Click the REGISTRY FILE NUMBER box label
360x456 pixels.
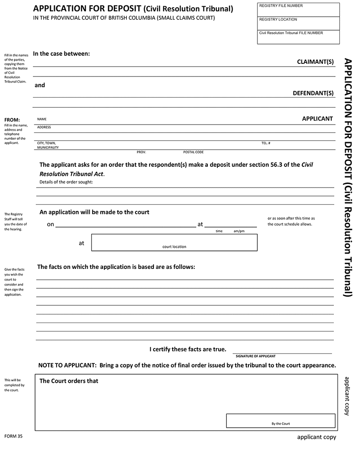point(281,6)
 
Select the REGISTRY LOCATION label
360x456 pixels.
point(278,19)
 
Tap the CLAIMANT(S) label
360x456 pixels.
point(315,62)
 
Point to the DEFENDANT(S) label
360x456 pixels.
point(313,93)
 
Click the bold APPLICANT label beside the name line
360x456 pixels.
point(317,119)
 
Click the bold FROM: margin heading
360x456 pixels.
point(12,120)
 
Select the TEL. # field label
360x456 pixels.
point(265,143)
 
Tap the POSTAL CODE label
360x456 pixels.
point(193,152)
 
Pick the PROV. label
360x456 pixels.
point(141,152)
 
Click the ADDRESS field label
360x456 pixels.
point(44,127)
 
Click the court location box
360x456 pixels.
point(174,242)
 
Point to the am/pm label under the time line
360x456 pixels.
point(239,231)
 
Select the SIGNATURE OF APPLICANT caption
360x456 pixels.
point(256,356)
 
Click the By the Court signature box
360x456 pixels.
point(280,420)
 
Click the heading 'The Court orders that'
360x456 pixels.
point(69,381)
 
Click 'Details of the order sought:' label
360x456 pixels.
point(66,182)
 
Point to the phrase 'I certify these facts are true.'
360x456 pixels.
point(188,349)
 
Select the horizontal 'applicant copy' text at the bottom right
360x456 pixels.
point(316,437)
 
